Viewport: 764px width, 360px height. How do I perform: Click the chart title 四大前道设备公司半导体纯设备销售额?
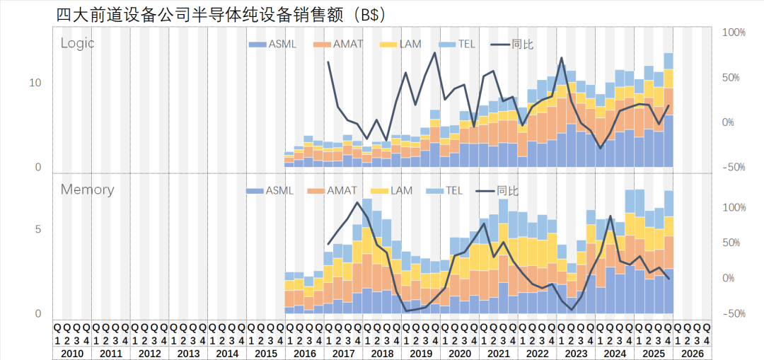[205, 14]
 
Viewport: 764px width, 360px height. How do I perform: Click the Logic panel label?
[77, 43]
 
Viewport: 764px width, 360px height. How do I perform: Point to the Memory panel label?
[87, 190]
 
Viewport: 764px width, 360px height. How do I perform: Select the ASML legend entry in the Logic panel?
[273, 45]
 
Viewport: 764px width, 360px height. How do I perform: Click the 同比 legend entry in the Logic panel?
[513, 45]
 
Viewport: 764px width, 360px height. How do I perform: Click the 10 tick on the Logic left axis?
[35, 83]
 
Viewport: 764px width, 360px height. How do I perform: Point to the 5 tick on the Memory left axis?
[38, 229]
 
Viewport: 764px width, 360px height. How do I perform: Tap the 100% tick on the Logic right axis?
[734, 33]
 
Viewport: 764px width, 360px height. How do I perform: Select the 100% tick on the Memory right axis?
[734, 207]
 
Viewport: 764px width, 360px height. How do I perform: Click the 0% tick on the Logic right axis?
[728, 122]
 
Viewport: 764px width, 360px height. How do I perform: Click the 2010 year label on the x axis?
[72, 353]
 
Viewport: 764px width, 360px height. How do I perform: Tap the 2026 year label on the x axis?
[692, 353]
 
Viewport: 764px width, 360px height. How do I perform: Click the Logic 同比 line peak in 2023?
[562, 58]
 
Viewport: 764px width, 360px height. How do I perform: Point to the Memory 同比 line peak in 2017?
[358, 203]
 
